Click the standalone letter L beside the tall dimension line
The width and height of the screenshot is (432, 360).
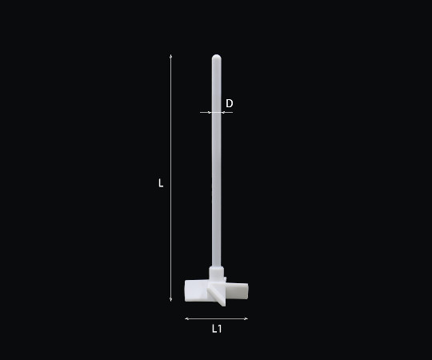[x=161, y=183]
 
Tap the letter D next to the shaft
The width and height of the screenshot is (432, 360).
[x=230, y=103]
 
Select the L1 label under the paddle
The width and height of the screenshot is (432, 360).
[x=217, y=329]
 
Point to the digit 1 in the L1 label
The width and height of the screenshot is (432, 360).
[x=220, y=329]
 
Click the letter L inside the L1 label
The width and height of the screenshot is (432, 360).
[x=214, y=329]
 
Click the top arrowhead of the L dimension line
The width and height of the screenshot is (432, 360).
[x=171, y=56]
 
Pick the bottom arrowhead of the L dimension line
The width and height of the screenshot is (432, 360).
[x=171, y=299]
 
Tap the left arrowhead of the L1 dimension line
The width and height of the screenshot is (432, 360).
[x=186, y=318]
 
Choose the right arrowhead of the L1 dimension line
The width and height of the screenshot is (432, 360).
[x=246, y=318]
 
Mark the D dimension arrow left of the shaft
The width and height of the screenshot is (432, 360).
[x=206, y=112]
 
